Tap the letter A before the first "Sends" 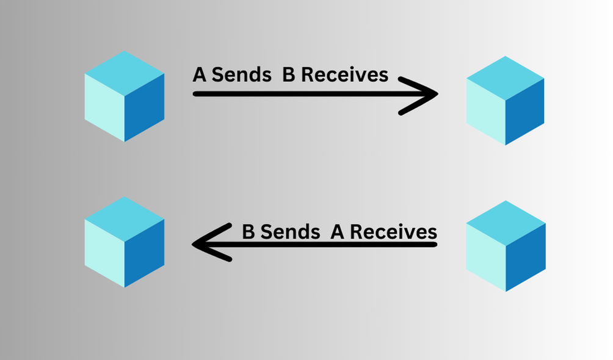[x=200, y=75]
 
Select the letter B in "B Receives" [x=289, y=75]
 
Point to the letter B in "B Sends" [x=248, y=232]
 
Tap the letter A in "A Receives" [x=338, y=232]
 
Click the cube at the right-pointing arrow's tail [x=125, y=97]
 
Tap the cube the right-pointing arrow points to [x=506, y=101]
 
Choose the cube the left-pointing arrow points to [x=125, y=242]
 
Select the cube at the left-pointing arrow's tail [x=506, y=246]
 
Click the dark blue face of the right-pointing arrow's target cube [x=524, y=112]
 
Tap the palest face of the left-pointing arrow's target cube [x=104, y=253]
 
